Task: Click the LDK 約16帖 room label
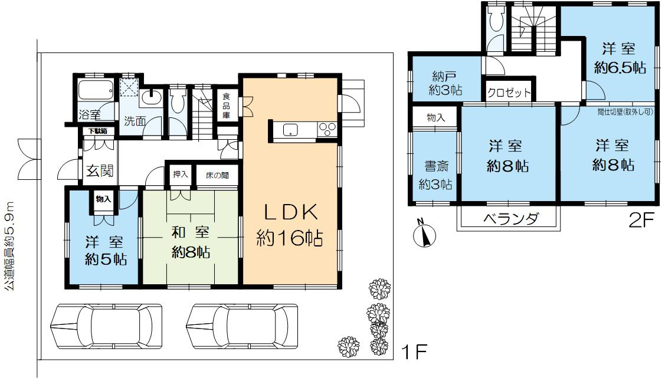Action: (x=289, y=224)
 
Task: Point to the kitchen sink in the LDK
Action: (x=290, y=130)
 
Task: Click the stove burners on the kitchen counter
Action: (x=326, y=129)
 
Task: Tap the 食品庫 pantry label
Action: (x=227, y=104)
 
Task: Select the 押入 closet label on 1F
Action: (x=180, y=175)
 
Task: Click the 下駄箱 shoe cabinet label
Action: (x=97, y=131)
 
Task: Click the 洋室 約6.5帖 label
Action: (x=619, y=58)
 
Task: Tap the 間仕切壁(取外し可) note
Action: (x=624, y=110)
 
